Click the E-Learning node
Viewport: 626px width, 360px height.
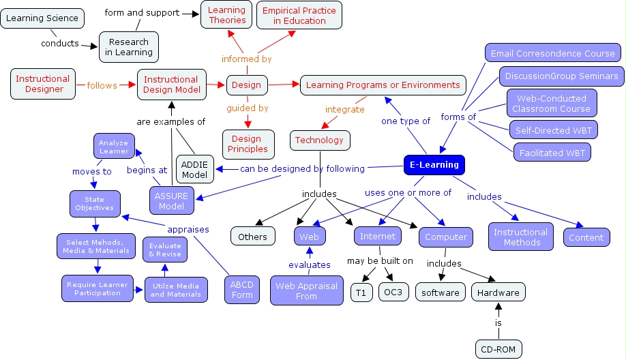pos(434,165)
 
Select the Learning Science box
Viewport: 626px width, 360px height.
pos(43,18)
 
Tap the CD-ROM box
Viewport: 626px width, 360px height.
pos(498,350)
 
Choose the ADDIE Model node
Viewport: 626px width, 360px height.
pos(194,168)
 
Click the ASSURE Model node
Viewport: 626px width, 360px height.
pos(171,201)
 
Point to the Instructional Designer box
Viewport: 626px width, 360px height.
pos(42,84)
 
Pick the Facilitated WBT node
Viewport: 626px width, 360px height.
pos(552,151)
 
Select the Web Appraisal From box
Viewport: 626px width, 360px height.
pos(306,291)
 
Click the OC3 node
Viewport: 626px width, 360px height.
pos(393,292)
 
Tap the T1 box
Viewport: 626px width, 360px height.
pos(361,292)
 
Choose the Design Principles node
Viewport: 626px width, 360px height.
pos(248,144)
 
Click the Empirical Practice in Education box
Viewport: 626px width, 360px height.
pos(299,16)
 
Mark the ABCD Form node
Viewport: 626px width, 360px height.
pos(242,290)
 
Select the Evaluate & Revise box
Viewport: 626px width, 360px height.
pos(164,250)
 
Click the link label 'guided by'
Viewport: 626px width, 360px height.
pos(248,108)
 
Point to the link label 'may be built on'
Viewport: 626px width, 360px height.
pos(380,261)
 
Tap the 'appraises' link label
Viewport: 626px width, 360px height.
pos(188,229)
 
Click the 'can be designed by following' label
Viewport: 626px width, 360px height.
pos(302,168)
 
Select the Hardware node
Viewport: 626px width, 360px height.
pos(498,292)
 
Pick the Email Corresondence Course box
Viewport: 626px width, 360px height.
pos(552,53)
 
